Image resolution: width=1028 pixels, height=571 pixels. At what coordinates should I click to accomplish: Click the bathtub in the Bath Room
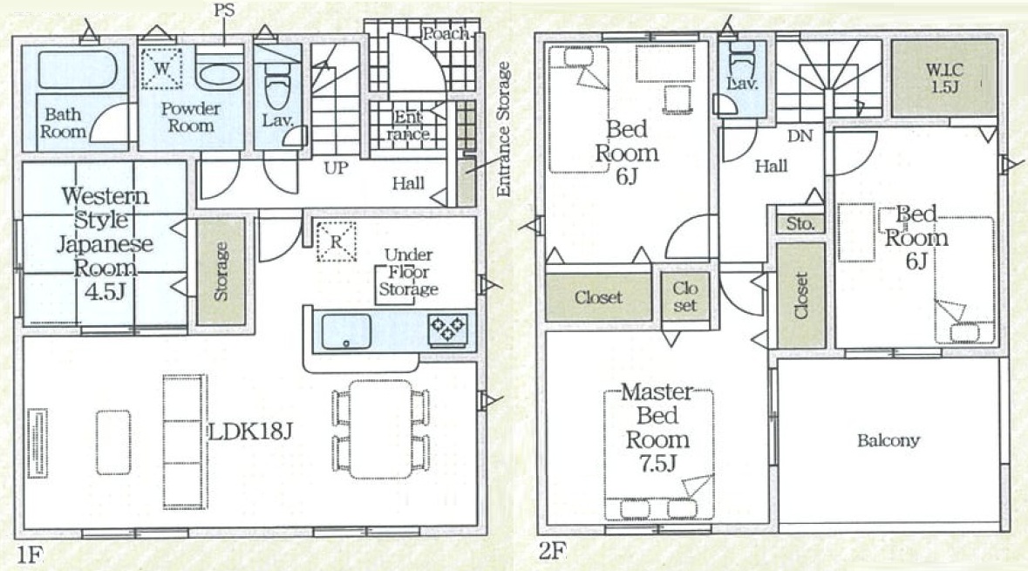(x=78, y=68)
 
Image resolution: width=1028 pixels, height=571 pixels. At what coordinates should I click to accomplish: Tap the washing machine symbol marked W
(x=161, y=68)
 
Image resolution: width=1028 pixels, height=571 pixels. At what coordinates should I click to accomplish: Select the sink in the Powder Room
(x=219, y=76)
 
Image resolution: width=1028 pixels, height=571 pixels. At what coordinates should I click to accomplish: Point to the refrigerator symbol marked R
(x=336, y=241)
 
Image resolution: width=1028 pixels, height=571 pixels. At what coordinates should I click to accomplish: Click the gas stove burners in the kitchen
(x=448, y=330)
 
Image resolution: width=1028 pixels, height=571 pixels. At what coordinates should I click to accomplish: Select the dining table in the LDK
(x=380, y=429)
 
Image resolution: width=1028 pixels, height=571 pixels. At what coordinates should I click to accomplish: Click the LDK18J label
(x=249, y=431)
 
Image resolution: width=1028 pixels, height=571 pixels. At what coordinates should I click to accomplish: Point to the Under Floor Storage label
(x=408, y=271)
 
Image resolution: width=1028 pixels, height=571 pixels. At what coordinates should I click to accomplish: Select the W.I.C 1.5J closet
(x=944, y=78)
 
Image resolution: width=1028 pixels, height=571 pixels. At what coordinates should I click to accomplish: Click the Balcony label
(x=888, y=440)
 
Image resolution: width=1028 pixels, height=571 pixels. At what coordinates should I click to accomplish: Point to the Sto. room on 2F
(x=800, y=223)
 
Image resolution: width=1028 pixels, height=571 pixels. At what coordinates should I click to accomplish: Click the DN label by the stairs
(x=800, y=136)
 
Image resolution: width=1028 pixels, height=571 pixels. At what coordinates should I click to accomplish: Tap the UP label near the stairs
(x=336, y=168)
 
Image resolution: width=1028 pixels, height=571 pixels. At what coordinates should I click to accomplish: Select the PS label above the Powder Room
(x=224, y=10)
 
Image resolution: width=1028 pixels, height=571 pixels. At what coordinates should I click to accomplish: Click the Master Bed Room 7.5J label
(x=657, y=427)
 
